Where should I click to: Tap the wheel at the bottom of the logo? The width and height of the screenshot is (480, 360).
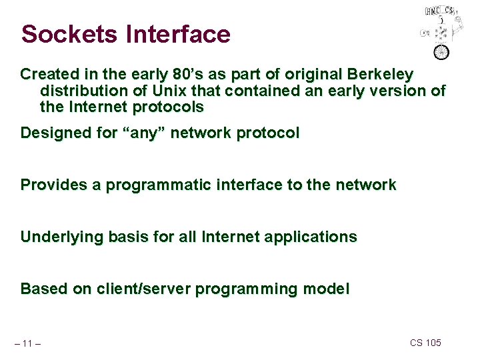[441, 52]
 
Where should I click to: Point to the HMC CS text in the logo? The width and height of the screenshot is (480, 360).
[440, 11]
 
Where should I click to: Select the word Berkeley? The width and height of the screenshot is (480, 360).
[379, 73]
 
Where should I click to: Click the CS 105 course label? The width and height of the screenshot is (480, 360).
[425, 343]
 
